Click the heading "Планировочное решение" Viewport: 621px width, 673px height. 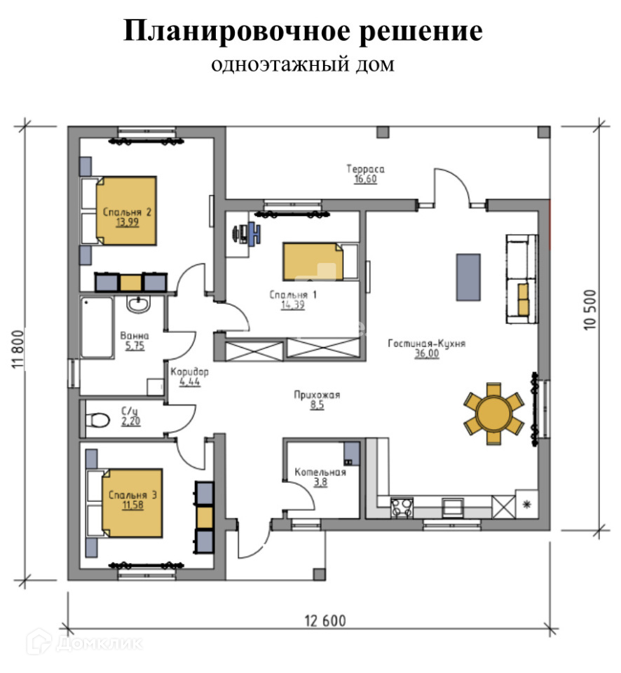coord(303,32)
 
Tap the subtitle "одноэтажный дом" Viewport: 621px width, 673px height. coord(303,65)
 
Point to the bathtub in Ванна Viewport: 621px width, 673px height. coord(97,327)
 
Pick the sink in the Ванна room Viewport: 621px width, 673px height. coord(138,305)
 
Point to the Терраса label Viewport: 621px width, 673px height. coord(365,169)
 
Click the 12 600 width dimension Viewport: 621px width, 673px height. coord(325,620)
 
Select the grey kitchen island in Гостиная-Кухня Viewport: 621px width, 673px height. coord(468,277)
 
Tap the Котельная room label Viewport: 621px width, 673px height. coord(319,472)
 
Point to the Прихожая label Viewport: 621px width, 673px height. coord(316,395)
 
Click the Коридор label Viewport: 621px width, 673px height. coord(189,372)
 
